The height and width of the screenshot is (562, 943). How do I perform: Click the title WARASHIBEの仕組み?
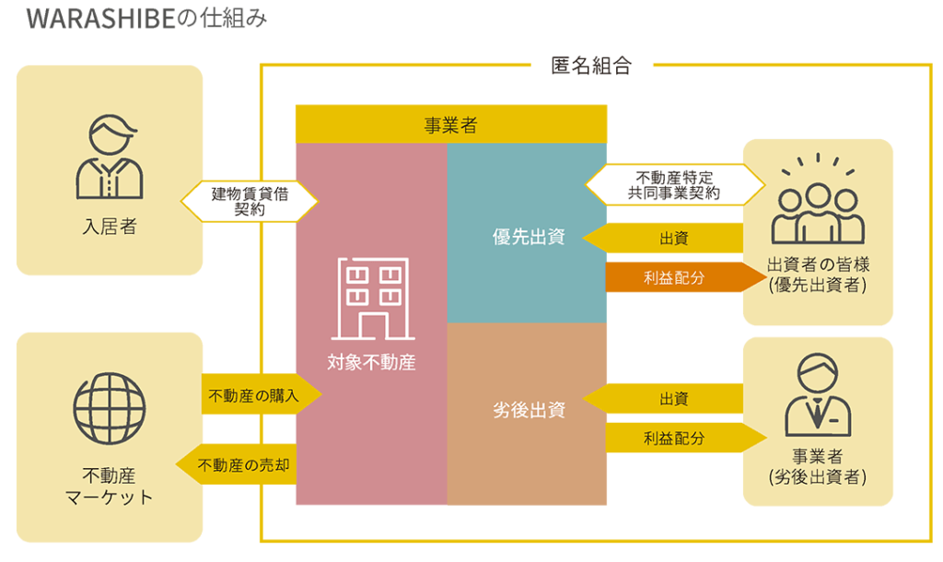click(x=146, y=18)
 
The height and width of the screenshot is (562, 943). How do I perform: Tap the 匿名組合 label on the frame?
click(x=591, y=65)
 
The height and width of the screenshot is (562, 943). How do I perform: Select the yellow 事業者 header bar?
click(x=451, y=124)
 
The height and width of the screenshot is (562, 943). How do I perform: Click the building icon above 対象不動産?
click(x=373, y=299)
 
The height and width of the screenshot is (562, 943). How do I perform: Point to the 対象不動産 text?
click(x=372, y=362)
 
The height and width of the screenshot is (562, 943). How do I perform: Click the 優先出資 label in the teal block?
click(x=529, y=237)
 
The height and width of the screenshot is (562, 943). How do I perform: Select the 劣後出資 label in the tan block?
click(x=529, y=410)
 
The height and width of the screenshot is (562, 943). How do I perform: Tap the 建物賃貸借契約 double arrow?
click(x=250, y=202)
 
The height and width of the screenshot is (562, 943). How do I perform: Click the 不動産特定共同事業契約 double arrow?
click(x=675, y=185)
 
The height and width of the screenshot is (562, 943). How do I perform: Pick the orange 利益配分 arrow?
click(x=685, y=277)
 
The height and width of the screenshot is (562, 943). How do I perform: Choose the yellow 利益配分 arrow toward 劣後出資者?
click(x=685, y=438)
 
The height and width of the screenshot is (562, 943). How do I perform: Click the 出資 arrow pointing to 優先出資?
click(x=663, y=238)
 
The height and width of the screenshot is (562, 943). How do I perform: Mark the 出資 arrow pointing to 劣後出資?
click(x=663, y=398)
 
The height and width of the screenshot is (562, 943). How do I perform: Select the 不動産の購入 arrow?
click(x=262, y=395)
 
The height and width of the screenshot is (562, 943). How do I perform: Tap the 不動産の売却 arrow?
click(x=236, y=464)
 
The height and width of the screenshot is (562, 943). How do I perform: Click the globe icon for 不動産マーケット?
click(x=110, y=408)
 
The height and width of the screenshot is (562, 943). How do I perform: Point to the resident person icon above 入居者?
click(x=110, y=157)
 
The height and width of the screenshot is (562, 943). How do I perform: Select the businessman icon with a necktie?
click(x=818, y=395)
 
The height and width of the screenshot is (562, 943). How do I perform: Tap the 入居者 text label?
click(x=110, y=227)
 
